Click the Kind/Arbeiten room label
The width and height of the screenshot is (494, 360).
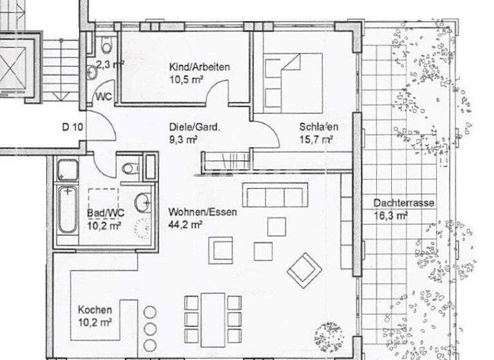[x=199, y=67]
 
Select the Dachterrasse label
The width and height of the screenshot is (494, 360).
[x=403, y=203]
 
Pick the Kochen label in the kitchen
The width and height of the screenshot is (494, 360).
[x=95, y=309]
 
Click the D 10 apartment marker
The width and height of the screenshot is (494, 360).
[x=73, y=127]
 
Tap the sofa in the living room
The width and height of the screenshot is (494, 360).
[x=275, y=195]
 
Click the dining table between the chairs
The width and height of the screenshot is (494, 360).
[x=213, y=319]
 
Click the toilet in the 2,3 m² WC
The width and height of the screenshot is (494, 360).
[x=106, y=44]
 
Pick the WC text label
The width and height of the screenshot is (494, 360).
[x=104, y=96]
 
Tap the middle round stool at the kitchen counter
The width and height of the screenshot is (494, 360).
[x=150, y=328]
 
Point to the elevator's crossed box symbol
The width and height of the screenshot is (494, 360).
[x=14, y=63]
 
